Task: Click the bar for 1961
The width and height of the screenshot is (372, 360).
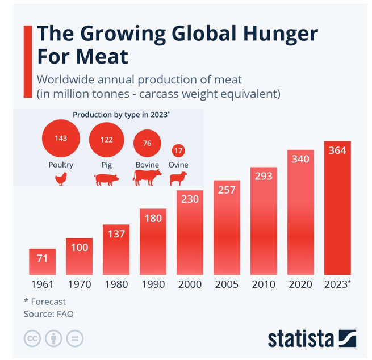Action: click(43, 262)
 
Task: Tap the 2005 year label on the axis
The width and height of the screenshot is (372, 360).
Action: click(227, 284)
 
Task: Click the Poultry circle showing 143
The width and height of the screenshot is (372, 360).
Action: click(61, 139)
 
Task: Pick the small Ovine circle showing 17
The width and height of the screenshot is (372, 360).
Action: click(178, 151)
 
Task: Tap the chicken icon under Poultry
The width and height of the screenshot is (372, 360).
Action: click(61, 179)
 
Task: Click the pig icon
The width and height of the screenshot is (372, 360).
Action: click(106, 180)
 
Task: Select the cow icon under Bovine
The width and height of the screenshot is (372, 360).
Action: click(147, 178)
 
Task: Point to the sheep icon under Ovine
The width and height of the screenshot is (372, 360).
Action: click(178, 179)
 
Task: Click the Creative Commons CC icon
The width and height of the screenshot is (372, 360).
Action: click(32, 339)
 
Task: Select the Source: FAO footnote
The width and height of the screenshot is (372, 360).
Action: click(49, 313)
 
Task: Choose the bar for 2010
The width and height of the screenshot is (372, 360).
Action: click(264, 221)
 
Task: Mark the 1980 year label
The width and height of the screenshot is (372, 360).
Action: click(116, 284)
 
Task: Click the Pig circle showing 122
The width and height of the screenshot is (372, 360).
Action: click(107, 140)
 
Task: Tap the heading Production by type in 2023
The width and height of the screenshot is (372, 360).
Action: click(121, 115)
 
